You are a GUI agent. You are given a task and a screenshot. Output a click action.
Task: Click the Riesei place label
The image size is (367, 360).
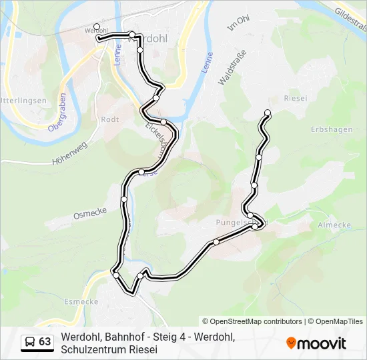pos(296,98)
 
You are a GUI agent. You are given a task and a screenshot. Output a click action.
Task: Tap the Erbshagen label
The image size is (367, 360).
pos(331,129)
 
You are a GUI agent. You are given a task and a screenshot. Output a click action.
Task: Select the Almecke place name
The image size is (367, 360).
pos(335,225)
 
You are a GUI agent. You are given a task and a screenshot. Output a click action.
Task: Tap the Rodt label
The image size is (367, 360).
pos(109,119)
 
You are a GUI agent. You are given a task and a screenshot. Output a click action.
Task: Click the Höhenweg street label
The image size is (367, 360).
pos(69,157)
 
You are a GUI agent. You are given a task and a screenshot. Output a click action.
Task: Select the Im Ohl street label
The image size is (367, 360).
pos(238,25)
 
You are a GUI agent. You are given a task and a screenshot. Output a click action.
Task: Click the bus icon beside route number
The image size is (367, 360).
pos(30,342)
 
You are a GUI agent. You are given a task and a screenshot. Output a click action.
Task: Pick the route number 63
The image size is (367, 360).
pos(45,342)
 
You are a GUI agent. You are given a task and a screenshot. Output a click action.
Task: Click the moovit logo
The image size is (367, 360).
pos(316,343)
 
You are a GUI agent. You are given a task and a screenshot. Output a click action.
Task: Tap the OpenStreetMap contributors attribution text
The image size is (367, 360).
pos(252,321)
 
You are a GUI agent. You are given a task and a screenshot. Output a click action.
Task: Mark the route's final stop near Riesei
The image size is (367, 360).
pos(268,112)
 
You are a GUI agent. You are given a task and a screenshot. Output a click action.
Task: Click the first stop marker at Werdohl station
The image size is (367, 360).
pos(97,27)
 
